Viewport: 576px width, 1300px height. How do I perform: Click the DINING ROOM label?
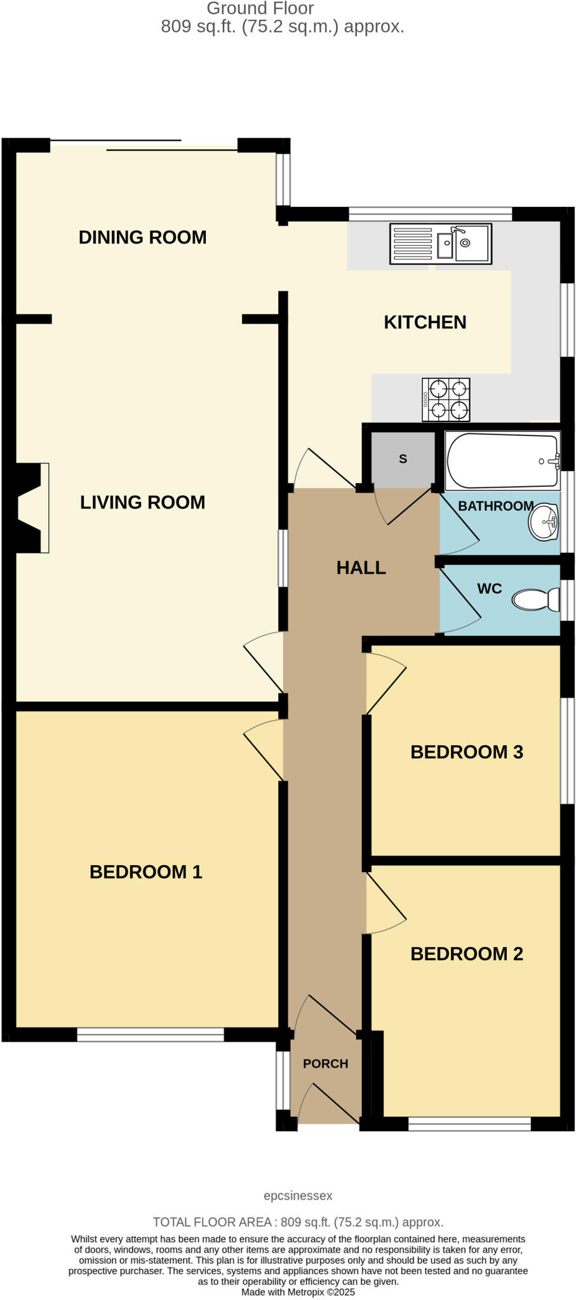click(x=142, y=237)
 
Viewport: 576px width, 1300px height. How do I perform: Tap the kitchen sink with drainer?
click(x=440, y=244)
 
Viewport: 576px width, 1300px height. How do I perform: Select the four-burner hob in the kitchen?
click(x=446, y=399)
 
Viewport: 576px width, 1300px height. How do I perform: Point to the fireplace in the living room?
click(x=32, y=508)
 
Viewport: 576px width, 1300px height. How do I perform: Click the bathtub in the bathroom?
click(x=502, y=460)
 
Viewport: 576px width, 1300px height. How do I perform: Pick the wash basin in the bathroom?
click(x=544, y=522)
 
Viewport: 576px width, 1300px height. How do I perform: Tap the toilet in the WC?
click(x=535, y=600)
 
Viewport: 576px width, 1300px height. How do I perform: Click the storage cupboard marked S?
click(x=403, y=459)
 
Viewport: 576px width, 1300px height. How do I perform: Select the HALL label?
click(x=361, y=567)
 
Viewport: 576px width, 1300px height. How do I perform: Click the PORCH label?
click(x=325, y=1063)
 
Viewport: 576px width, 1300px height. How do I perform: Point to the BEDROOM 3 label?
click(x=466, y=752)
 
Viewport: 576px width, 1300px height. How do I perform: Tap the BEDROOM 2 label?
click(x=466, y=954)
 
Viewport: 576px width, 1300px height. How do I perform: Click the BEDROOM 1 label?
click(x=145, y=872)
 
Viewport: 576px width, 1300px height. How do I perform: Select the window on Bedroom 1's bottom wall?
click(x=151, y=1035)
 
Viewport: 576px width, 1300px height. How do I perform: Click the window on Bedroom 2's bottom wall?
click(x=469, y=1124)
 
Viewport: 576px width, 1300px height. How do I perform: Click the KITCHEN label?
click(x=425, y=322)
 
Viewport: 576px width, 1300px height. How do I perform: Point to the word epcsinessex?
click(x=298, y=1196)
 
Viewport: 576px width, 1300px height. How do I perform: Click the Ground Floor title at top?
click(x=260, y=9)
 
